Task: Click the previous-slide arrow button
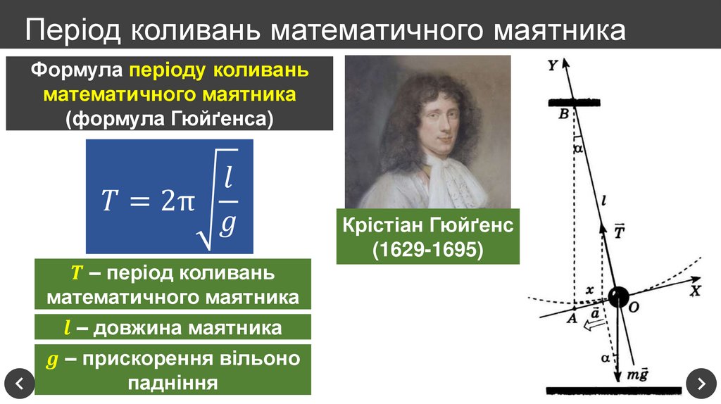[x=19, y=384]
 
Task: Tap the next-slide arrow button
[x=701, y=384]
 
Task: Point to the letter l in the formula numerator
[x=227, y=179]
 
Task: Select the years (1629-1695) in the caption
[x=427, y=249]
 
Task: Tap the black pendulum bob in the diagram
[x=618, y=296]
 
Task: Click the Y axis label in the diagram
[x=553, y=65]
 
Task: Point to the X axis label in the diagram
[x=696, y=290]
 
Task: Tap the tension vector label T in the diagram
[x=620, y=232]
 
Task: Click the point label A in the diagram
[x=572, y=318]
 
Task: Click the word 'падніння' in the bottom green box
[x=173, y=382]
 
